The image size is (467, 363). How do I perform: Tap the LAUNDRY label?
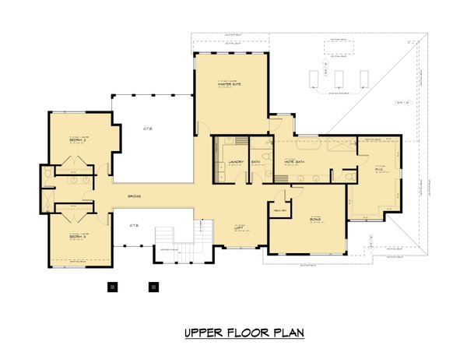(237, 162)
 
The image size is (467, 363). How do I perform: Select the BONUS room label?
(315, 220)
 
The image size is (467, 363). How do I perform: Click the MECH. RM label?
(279, 210)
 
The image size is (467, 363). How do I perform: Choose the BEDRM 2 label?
(77, 140)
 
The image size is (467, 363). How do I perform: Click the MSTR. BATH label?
(294, 162)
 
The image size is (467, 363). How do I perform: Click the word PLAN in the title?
(287, 333)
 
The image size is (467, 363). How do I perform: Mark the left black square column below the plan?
(111, 286)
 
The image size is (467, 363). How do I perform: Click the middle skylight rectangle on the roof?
(339, 79)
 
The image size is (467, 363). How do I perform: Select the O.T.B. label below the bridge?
(134, 225)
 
